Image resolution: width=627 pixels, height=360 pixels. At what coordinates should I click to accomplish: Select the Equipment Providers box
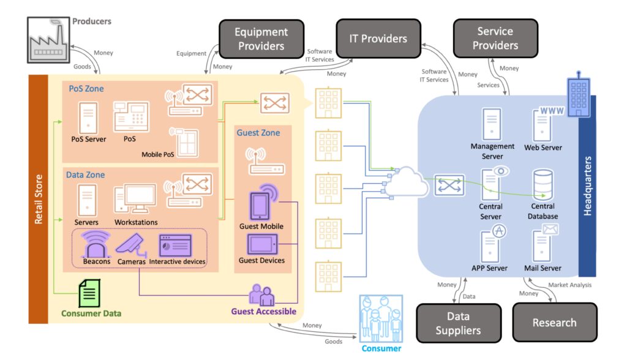[261, 39]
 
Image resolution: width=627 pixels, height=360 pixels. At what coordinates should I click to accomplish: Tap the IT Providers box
[378, 39]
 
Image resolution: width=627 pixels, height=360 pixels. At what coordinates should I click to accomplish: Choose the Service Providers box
[495, 39]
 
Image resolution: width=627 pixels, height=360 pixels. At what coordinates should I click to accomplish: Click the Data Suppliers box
[458, 323]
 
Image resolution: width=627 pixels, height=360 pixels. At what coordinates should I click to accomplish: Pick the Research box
[554, 323]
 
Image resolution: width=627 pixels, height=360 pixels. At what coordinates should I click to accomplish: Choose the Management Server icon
[492, 125]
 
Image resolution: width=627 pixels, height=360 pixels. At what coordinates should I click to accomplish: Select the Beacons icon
[97, 244]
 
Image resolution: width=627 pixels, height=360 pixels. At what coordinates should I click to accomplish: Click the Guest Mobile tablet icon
[260, 204]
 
